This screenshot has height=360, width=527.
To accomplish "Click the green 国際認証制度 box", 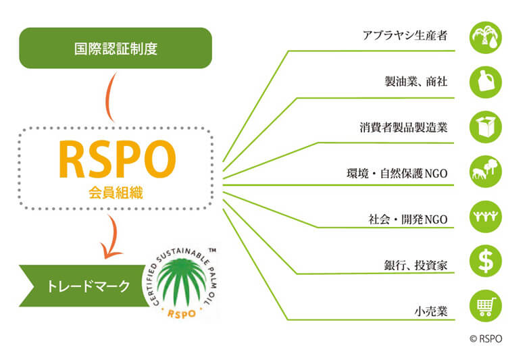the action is (116, 48).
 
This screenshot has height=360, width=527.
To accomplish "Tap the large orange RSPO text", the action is (118, 159).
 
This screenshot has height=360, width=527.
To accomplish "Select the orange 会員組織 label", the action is (116, 192).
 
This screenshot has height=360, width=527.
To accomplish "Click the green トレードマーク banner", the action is (84, 286).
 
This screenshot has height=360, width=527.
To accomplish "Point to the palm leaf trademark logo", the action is (184, 284).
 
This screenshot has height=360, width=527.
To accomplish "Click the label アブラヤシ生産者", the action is (405, 35).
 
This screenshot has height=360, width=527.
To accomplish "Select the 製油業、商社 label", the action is (416, 81).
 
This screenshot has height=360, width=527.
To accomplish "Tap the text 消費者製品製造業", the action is (403, 128).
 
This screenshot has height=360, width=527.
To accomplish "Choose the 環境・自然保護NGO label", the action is (397, 174).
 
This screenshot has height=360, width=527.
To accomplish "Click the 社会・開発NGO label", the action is (408, 219).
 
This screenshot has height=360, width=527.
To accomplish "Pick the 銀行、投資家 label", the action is (416, 265).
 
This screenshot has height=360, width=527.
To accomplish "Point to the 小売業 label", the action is (431, 311).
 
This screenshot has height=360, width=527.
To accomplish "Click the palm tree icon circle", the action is (486, 37).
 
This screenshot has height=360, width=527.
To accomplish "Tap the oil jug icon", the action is (486, 82).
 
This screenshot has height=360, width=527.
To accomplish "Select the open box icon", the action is (486, 127).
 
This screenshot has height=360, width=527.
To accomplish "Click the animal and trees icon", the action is (486, 172).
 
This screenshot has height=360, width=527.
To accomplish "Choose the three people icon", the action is (486, 216).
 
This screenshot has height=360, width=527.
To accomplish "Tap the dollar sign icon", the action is (486, 261).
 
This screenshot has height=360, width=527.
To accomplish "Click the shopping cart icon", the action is (486, 306).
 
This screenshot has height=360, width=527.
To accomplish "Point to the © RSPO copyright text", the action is (486, 338).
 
